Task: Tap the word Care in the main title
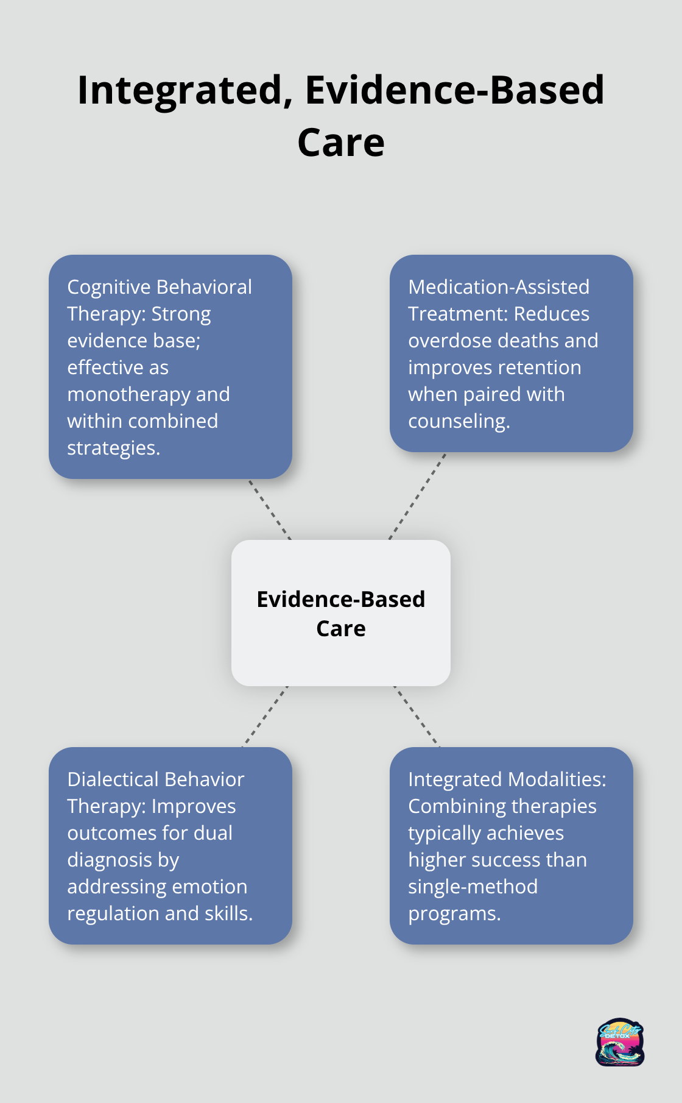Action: tap(340, 143)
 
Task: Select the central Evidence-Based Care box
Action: tap(341, 612)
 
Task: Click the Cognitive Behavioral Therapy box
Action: tap(170, 366)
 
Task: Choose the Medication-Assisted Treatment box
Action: tap(511, 353)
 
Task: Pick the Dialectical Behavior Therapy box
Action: tap(170, 845)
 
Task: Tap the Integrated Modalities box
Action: tap(511, 845)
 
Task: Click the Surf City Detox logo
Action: tap(619, 1041)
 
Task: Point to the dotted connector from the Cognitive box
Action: tap(270, 509)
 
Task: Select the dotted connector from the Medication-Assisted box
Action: tap(417, 496)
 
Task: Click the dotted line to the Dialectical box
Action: tap(265, 717)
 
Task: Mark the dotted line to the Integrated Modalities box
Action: tap(417, 717)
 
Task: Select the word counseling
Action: tap(459, 421)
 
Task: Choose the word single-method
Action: tap(473, 887)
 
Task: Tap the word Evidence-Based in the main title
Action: tap(454, 91)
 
